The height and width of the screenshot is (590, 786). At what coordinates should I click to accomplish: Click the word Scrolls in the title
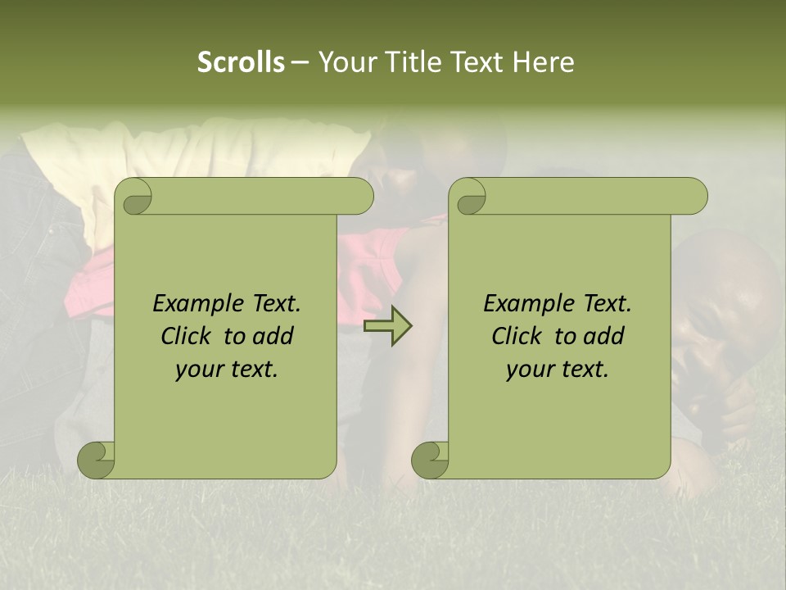coord(241,62)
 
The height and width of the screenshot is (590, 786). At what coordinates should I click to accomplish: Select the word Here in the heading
coord(543,62)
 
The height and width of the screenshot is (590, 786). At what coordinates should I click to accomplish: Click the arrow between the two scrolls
coord(387,326)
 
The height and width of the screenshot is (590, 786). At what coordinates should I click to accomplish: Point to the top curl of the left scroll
coord(136,197)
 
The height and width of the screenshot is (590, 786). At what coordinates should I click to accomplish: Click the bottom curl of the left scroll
coord(97,459)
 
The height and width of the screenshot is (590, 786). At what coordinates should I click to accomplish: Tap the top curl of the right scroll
coord(471,197)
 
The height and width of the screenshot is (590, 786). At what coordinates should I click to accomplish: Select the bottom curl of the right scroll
coord(431,459)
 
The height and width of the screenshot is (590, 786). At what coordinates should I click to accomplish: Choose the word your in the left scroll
coord(196,370)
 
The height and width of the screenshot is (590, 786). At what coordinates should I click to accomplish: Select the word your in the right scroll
coord(527,370)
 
